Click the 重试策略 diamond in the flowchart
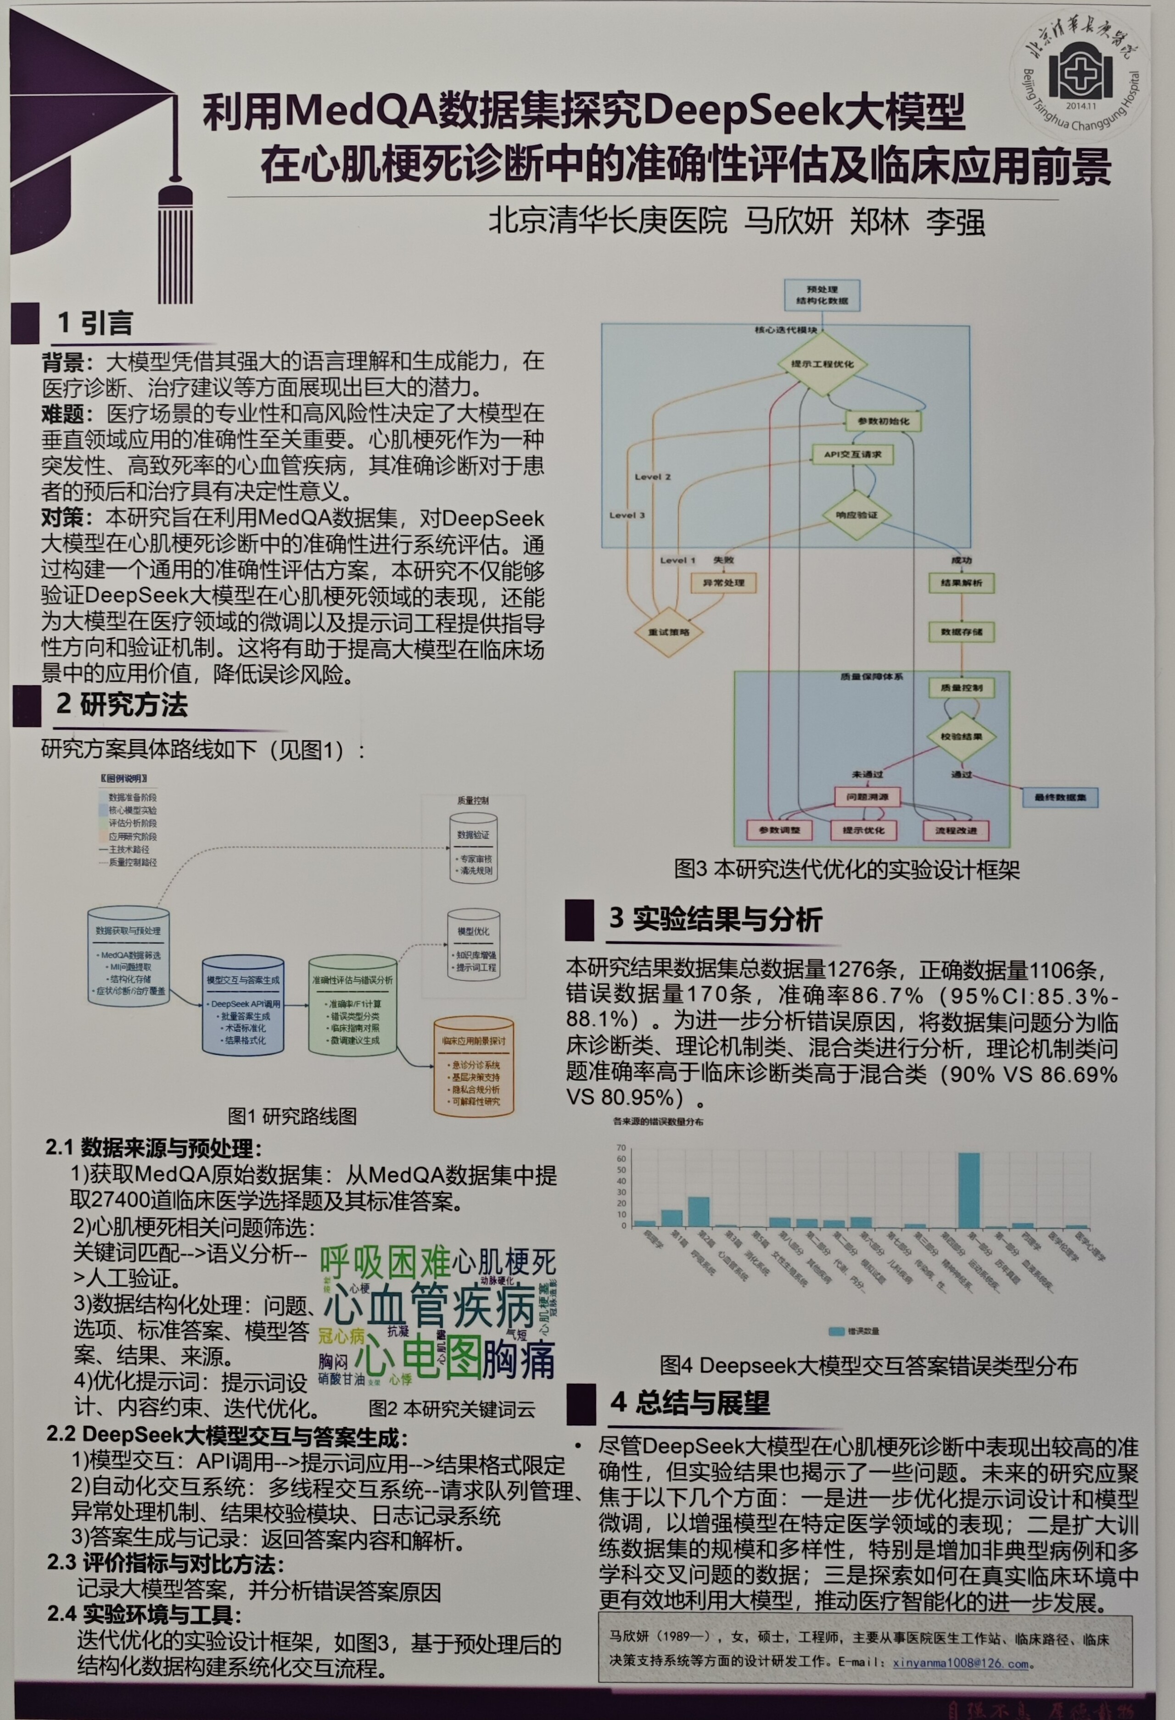tap(669, 631)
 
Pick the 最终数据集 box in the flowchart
tap(1059, 797)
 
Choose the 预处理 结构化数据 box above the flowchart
tap(822, 295)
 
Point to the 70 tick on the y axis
tap(621, 1148)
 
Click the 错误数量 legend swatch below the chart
tap(836, 1331)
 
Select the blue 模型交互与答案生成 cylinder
tap(243, 1005)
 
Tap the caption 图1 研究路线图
tap(292, 1116)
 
